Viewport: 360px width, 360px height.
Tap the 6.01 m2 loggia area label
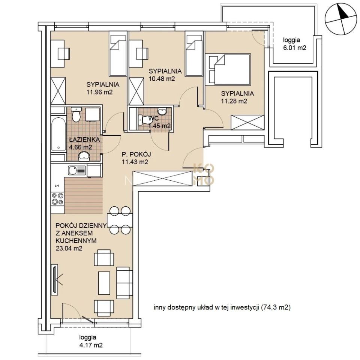tap(295, 48)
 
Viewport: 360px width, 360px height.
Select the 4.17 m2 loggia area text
tap(91, 345)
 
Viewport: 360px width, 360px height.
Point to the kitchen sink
tap(77, 171)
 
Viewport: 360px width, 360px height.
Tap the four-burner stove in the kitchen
tap(58, 199)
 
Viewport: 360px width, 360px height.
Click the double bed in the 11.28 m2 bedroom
tap(229, 69)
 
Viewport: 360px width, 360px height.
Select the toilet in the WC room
tap(145, 120)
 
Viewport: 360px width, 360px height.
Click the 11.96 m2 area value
tap(100, 92)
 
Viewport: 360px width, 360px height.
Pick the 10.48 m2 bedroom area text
tap(162, 79)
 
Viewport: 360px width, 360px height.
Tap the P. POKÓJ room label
tap(136, 154)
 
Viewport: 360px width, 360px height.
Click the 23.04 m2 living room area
tap(69, 248)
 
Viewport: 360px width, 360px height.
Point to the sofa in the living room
tap(124, 283)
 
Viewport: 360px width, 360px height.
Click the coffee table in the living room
tap(104, 283)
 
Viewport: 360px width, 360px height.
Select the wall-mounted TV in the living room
tap(55, 279)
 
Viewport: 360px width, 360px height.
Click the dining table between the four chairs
tap(120, 220)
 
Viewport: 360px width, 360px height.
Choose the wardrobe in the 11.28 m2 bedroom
tap(247, 123)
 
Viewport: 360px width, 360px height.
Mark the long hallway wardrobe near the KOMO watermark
tap(162, 178)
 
